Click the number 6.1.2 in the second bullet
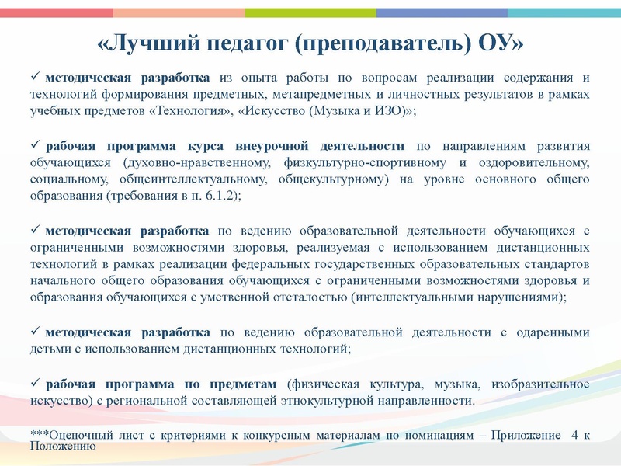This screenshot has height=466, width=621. click(x=216, y=195)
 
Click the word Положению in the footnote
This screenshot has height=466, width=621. click(x=62, y=447)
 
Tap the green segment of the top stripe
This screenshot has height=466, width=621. click(x=310, y=12)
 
